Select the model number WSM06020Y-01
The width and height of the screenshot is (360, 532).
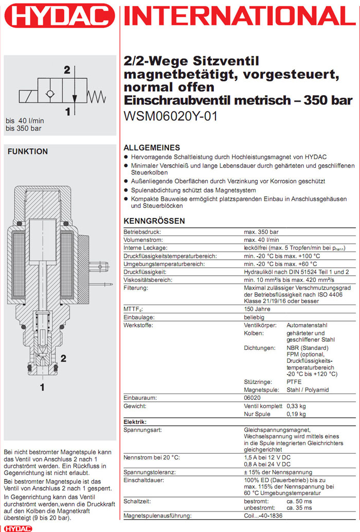[x=171, y=116]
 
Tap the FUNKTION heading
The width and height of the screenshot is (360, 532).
[x=28, y=152]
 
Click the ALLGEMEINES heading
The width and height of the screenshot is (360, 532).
[x=152, y=147]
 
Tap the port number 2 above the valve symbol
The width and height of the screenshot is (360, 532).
[x=67, y=70]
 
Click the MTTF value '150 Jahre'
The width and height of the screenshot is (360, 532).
[x=257, y=309]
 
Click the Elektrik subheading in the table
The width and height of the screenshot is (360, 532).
[x=136, y=422]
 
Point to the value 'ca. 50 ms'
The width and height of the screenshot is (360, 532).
[x=300, y=501]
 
